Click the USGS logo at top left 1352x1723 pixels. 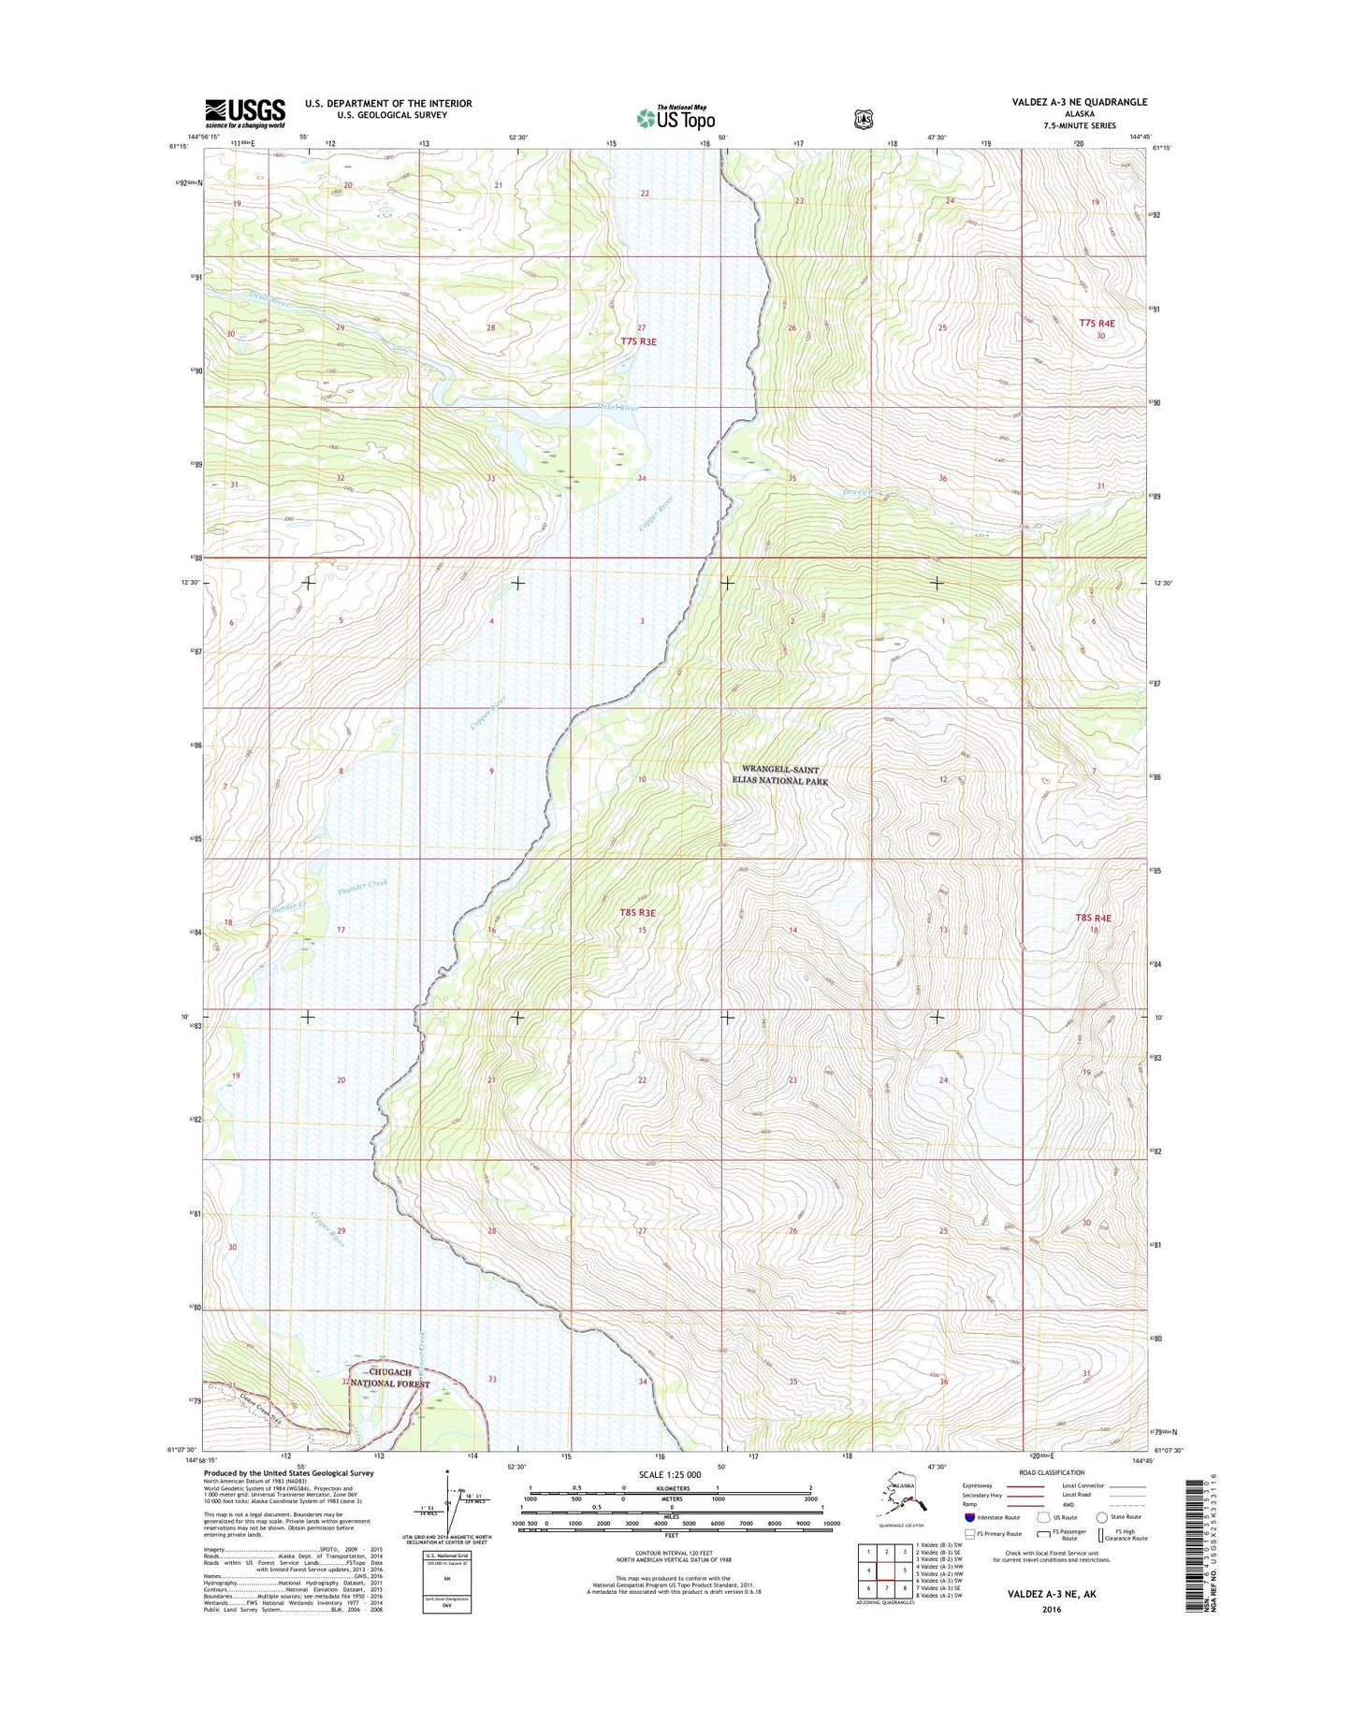[245, 113]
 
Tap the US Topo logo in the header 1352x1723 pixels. [676, 118]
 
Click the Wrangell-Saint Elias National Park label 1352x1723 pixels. [781, 775]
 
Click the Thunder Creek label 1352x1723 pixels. [362, 887]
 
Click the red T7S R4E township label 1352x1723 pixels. [1097, 323]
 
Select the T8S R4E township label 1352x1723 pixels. [1093, 918]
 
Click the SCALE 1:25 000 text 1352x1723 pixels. [671, 1475]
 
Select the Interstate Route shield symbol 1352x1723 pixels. [970, 1517]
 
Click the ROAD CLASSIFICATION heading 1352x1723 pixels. [1053, 1472]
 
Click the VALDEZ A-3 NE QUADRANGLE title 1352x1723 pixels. [1066, 102]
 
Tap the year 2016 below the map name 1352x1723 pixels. [1050, 1610]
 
